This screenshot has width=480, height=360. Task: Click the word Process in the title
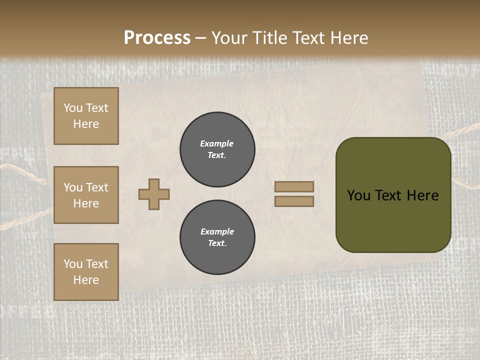point(157,38)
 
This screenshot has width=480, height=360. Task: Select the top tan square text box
point(86,116)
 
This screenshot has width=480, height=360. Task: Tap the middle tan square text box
point(86,195)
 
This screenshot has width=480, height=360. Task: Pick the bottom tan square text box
point(86,272)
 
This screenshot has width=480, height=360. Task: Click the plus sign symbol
point(154,194)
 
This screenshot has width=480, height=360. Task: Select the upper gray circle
point(217,149)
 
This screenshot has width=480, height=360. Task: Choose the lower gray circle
point(217,237)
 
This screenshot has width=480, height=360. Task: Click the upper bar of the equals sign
point(294,186)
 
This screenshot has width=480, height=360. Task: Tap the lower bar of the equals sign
point(294,201)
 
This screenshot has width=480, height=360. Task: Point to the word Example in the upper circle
point(217,143)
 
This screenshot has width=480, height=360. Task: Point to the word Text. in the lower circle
point(217,243)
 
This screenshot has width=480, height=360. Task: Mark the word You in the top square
point(73,108)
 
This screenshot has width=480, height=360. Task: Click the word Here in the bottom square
point(86,280)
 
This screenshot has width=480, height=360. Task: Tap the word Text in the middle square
point(97,187)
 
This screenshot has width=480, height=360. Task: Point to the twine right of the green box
point(465,131)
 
